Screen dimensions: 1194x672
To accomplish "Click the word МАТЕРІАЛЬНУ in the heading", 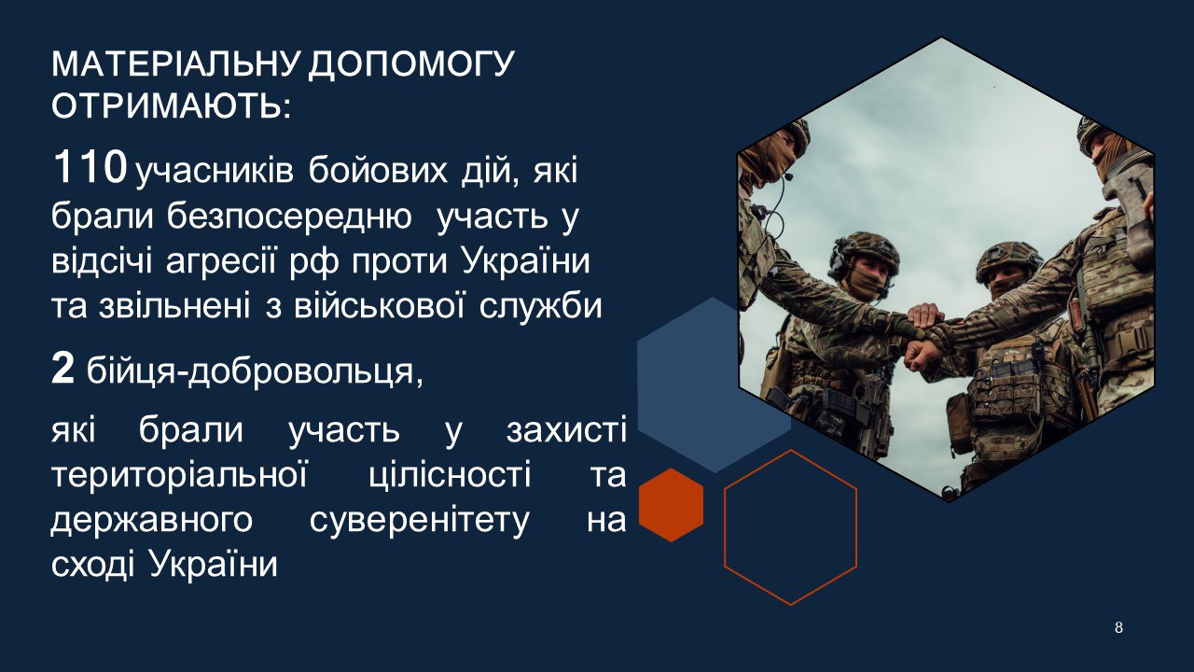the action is (x=174, y=64).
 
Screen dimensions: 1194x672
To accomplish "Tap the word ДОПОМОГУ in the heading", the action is (x=410, y=65).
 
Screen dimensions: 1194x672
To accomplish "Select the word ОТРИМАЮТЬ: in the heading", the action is (x=172, y=105).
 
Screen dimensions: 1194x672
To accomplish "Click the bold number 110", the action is (x=90, y=166).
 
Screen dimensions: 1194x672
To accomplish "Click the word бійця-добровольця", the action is (x=255, y=371).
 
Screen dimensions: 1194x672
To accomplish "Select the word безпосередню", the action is (x=289, y=218).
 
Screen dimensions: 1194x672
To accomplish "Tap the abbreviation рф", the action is (x=314, y=263).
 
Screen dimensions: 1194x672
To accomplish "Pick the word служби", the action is (x=540, y=308).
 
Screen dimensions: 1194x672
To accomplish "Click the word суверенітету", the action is (x=420, y=521).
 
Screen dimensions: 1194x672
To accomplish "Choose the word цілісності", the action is (x=450, y=476).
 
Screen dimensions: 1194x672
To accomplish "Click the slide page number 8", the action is (x=1118, y=627).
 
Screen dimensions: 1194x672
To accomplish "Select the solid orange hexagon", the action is (x=671, y=505).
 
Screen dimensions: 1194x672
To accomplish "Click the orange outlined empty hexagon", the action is (x=725, y=527).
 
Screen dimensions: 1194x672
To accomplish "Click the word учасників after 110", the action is (x=215, y=173).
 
